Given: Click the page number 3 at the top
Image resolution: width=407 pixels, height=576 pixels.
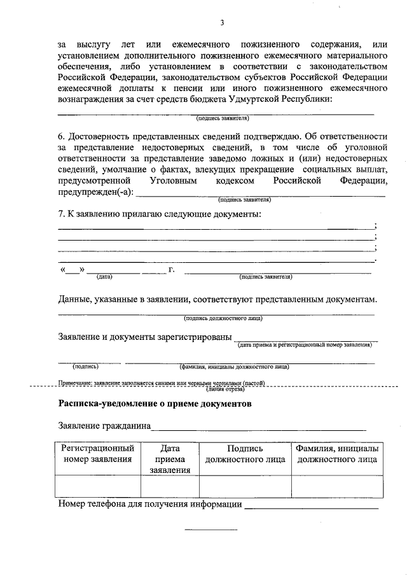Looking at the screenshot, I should point(222,24).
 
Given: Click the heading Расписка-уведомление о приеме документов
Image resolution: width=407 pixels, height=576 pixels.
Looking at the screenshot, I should point(155,404).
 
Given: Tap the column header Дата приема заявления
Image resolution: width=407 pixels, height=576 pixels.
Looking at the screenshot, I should point(170,459).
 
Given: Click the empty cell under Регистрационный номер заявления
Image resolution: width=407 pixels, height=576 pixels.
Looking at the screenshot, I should point(97,487).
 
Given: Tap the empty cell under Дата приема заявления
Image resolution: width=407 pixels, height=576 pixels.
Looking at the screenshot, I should point(170,487).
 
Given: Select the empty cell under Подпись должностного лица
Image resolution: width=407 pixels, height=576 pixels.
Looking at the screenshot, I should point(245,487).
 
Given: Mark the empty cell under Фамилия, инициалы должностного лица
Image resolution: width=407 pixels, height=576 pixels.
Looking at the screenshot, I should point(337,487).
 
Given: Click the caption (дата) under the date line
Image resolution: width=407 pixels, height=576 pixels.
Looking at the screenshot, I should point(104,277).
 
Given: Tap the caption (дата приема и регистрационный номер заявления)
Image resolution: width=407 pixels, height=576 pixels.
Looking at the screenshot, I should point(305,345).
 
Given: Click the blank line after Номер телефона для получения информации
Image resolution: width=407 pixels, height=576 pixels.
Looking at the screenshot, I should point(312,507).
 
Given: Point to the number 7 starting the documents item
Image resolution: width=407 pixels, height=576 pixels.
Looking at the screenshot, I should point(60,214).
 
